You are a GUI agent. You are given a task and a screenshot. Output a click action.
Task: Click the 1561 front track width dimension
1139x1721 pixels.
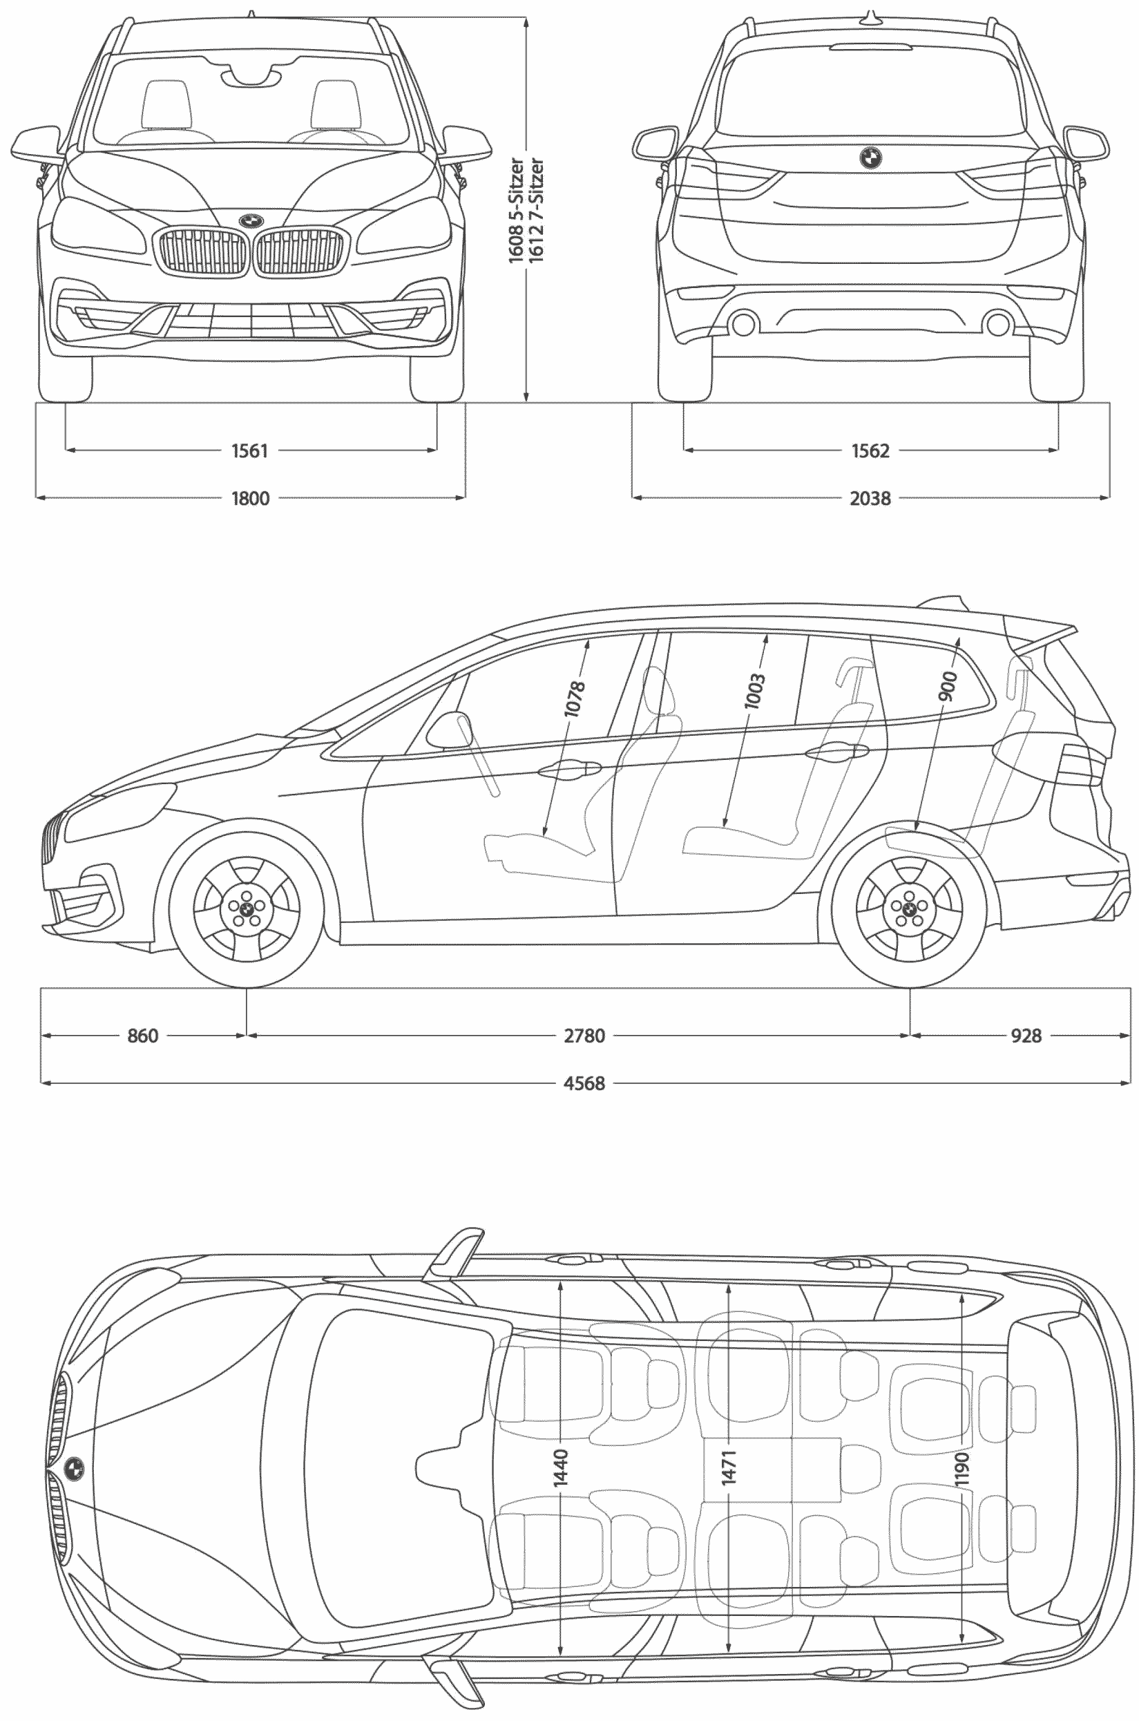pyautogui.click(x=250, y=451)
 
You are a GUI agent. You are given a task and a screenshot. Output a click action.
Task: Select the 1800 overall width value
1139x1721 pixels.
pyautogui.click(x=250, y=498)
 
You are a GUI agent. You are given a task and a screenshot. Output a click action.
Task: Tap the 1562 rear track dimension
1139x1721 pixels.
pyautogui.click(x=870, y=451)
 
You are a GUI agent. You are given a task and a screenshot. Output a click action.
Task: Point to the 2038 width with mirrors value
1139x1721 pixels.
pyautogui.click(x=870, y=498)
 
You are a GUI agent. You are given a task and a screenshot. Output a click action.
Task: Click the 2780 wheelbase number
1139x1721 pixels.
pyautogui.click(x=584, y=1035)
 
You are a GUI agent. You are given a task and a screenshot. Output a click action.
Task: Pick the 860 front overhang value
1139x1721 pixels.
pyautogui.click(x=142, y=1035)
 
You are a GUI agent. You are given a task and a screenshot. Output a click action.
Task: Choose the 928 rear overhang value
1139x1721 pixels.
pyautogui.click(x=1026, y=1035)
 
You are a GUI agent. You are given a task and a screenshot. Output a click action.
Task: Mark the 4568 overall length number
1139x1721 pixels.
pyautogui.click(x=584, y=1083)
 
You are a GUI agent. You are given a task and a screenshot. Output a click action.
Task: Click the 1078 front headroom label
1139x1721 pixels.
pyautogui.click(x=574, y=698)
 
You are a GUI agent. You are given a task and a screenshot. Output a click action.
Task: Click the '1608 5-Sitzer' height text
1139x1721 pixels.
pyautogui.click(x=516, y=211)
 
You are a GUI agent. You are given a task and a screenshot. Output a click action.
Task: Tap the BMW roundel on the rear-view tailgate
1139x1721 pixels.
pyautogui.click(x=870, y=158)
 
